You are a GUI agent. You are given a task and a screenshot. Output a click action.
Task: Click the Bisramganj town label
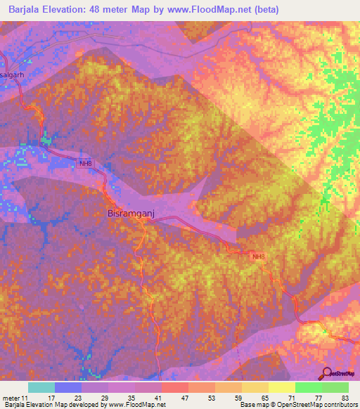click(127, 212)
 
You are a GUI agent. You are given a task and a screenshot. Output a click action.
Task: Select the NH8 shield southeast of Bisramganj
click(259, 257)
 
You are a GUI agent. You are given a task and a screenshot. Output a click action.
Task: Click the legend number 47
click(174, 397)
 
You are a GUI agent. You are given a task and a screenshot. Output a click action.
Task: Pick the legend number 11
click(27, 397)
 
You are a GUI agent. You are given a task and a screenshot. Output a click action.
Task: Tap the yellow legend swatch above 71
click(281, 387)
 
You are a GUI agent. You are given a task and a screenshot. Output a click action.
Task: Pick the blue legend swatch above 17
click(68, 387)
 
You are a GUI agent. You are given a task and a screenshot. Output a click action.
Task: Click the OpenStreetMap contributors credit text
click(304, 405)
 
